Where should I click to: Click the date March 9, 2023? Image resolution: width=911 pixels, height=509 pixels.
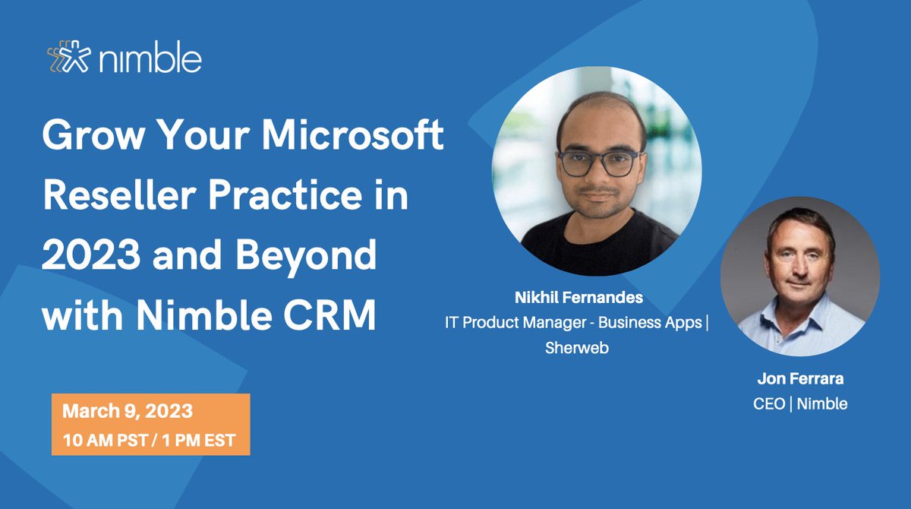[x=127, y=413]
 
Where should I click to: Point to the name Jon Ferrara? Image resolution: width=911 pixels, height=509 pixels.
[x=800, y=378]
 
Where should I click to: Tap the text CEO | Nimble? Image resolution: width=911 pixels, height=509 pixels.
[x=800, y=403]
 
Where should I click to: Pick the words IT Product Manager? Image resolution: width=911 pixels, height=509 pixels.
[x=517, y=323]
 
